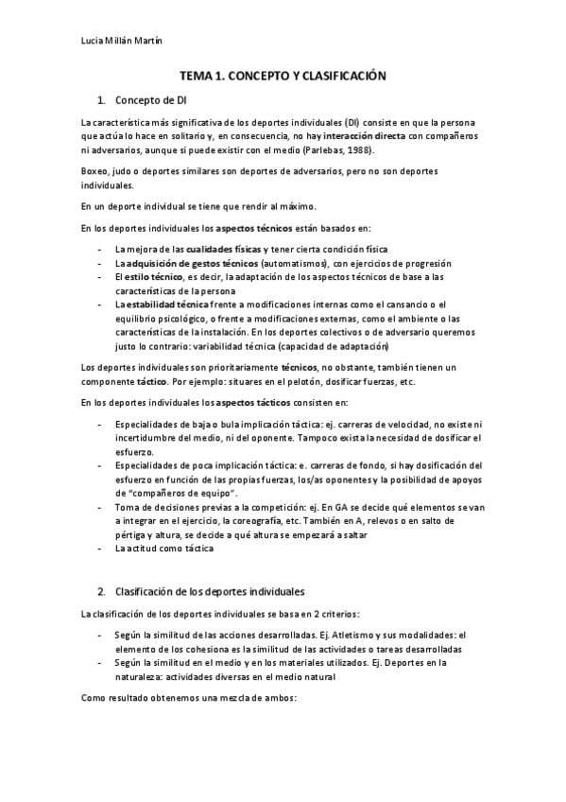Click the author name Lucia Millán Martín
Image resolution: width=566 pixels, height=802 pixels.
point(121,41)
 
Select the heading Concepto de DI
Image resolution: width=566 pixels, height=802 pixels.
point(150,99)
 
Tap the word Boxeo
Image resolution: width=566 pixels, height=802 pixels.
point(94,170)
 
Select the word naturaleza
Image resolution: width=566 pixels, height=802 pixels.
point(146,677)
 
